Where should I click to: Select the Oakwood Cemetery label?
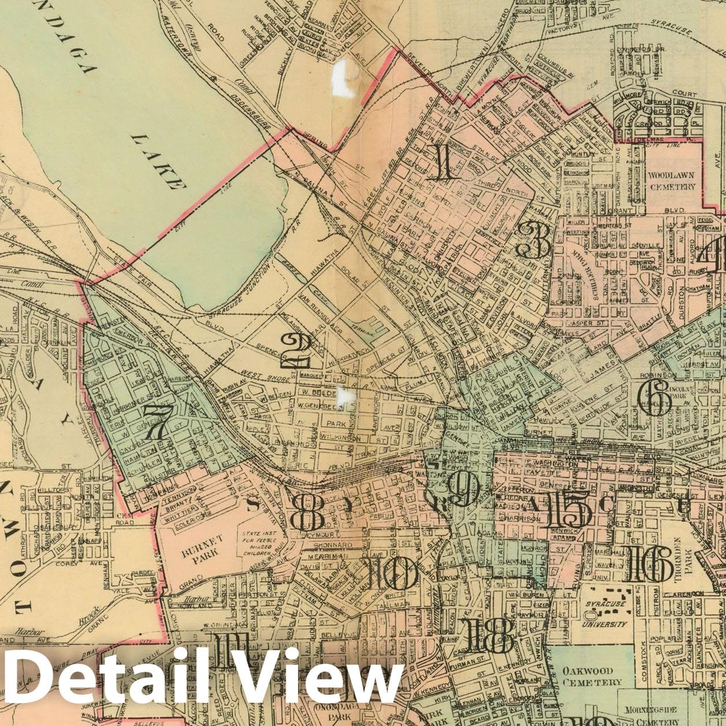[x=591, y=676]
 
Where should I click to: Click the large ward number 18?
[x=489, y=635]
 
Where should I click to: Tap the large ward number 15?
[x=567, y=511]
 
